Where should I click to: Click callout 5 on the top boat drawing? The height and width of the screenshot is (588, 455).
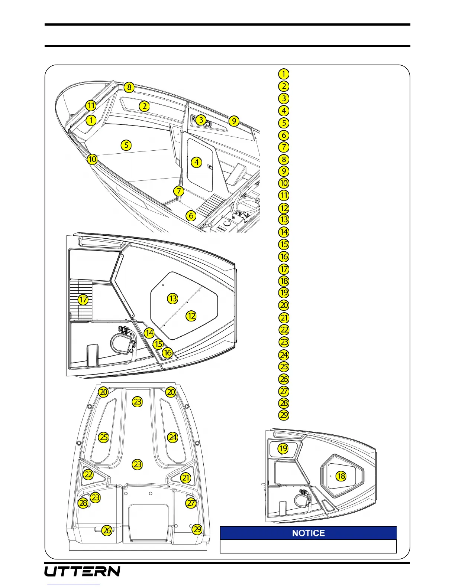pyautogui.click(x=126, y=145)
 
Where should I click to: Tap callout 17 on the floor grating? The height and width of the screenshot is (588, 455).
pyautogui.click(x=83, y=300)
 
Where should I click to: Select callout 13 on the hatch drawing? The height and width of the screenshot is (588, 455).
pyautogui.click(x=172, y=298)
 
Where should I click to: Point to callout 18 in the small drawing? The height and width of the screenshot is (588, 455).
pyautogui.click(x=341, y=476)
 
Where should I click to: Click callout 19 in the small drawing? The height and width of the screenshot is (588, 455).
pyautogui.click(x=283, y=448)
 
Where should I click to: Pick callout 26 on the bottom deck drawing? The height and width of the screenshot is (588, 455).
pyautogui.click(x=107, y=530)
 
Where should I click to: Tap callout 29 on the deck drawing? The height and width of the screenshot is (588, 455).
pyautogui.click(x=197, y=529)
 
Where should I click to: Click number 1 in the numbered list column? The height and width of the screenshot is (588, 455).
pyautogui.click(x=284, y=74)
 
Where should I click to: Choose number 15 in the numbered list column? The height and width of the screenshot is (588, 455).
pyautogui.click(x=284, y=244)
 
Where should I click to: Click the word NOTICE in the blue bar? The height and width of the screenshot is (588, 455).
pyautogui.click(x=308, y=533)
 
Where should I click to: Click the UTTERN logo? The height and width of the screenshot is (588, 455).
pyautogui.click(x=83, y=571)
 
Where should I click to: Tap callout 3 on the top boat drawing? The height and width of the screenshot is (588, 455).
pyautogui.click(x=201, y=120)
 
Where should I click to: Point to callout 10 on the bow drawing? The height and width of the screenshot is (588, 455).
pyautogui.click(x=92, y=159)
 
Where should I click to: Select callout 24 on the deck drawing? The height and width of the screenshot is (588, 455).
pyautogui.click(x=172, y=437)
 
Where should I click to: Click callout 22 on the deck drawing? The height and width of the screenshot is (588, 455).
pyautogui.click(x=88, y=474)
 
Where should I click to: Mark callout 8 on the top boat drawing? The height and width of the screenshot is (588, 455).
pyautogui.click(x=129, y=87)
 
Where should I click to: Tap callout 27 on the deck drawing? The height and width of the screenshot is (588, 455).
pyautogui.click(x=191, y=503)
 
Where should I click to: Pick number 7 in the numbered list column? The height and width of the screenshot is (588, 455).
pyautogui.click(x=284, y=147)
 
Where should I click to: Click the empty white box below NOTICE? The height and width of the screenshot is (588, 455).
pyautogui.click(x=308, y=546)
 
